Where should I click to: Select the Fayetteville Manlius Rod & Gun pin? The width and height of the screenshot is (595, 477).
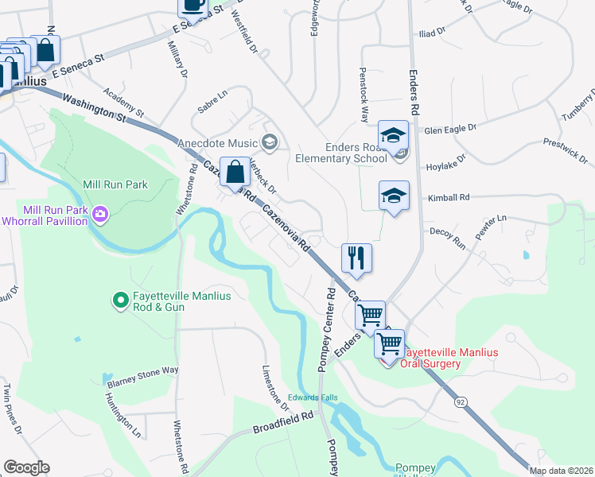pyautogui.click(x=120, y=301)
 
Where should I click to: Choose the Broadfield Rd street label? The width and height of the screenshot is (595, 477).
pyautogui.click(x=284, y=428)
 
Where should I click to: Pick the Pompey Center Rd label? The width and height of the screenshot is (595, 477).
pyautogui.click(x=327, y=319)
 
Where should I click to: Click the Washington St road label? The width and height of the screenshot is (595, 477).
pyautogui.click(x=93, y=108)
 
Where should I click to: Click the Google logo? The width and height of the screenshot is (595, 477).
pyautogui.click(x=26, y=467)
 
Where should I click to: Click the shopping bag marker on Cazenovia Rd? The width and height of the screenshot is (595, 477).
pyautogui.click(x=236, y=172)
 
